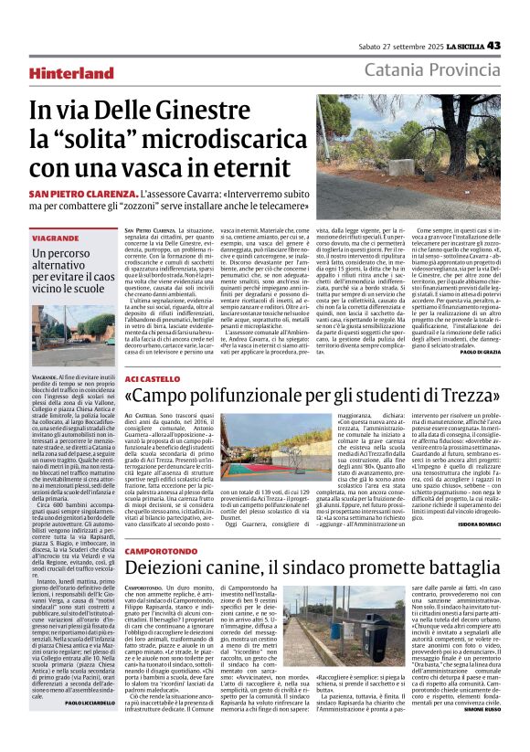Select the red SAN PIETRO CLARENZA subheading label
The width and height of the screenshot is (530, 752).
88,195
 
